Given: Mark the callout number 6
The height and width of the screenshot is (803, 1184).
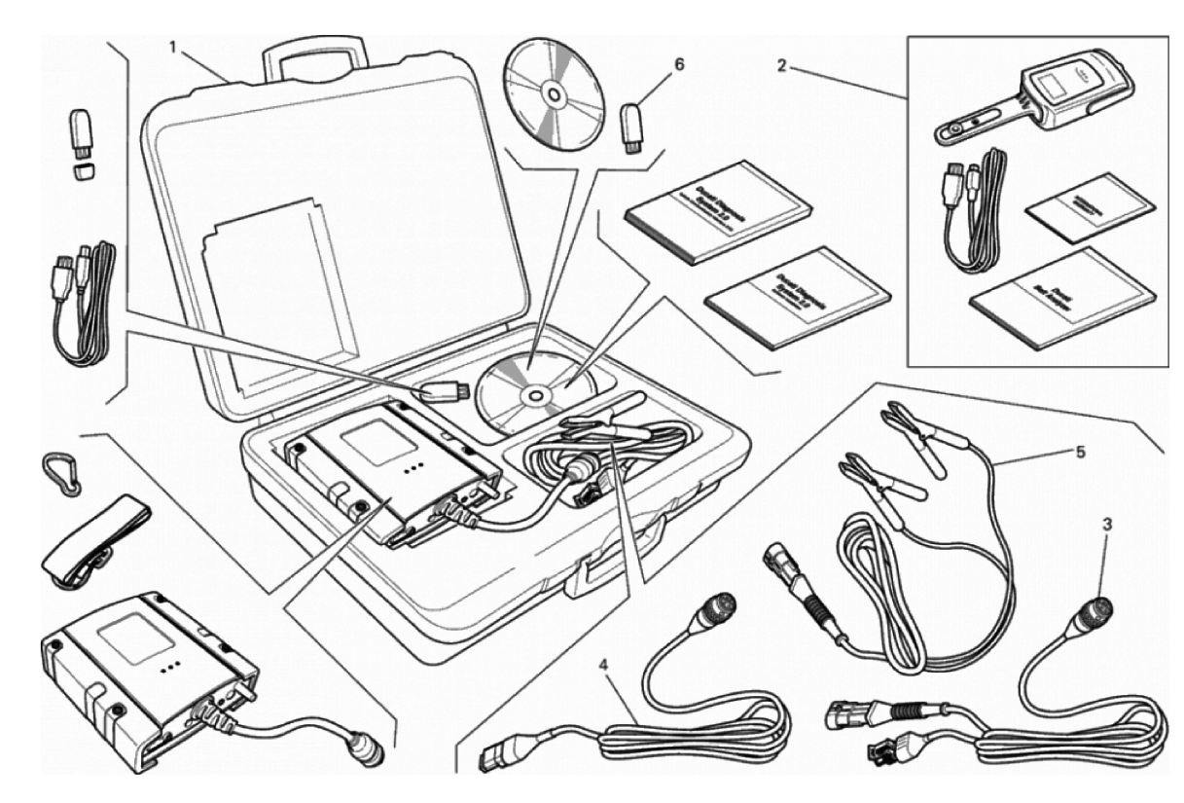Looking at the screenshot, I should click(x=679, y=64).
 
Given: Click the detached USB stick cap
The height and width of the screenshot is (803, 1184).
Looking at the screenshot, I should click(x=86, y=170).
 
